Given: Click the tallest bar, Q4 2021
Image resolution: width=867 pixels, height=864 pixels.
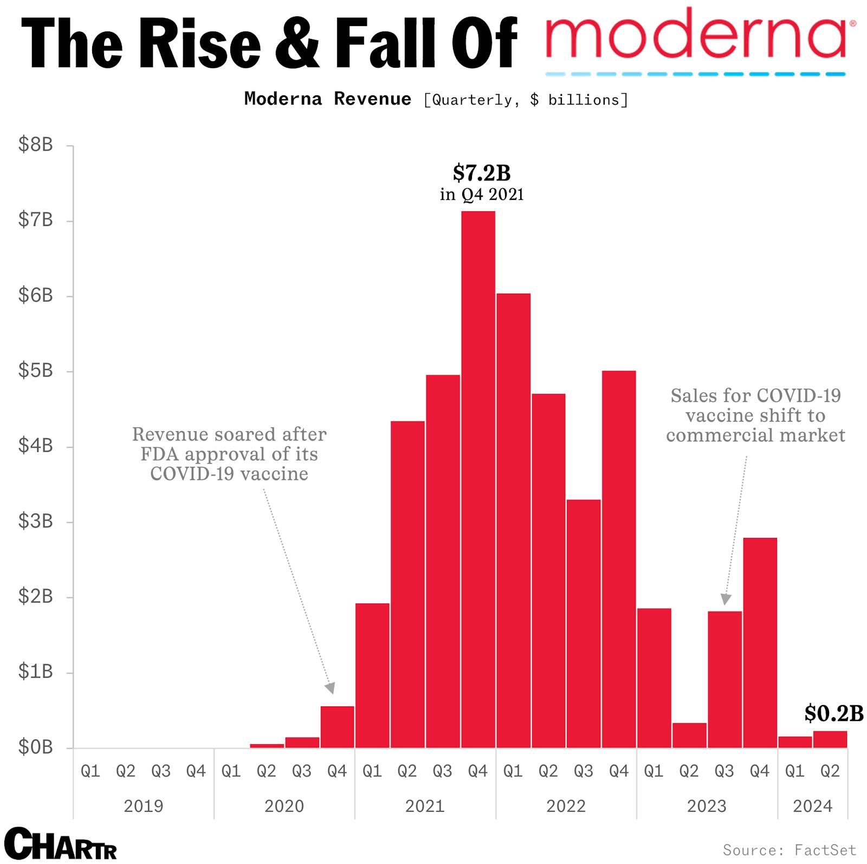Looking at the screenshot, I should click(x=478, y=479).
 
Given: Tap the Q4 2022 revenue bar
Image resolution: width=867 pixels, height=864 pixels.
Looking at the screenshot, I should click(x=619, y=559).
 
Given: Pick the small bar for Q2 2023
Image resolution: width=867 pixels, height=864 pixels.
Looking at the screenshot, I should click(x=689, y=735).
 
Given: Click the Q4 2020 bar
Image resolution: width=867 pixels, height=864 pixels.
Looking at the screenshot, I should click(x=337, y=727).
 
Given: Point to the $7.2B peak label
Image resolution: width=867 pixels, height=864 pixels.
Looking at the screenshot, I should click(x=482, y=173).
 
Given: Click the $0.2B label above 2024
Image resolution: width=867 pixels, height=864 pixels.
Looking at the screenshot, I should click(x=833, y=713).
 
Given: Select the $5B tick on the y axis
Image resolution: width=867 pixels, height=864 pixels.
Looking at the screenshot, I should click(x=36, y=371).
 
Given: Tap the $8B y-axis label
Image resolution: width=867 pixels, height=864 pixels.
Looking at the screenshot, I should click(x=36, y=145).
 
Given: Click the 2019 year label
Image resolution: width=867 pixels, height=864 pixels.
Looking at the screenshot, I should click(x=143, y=806).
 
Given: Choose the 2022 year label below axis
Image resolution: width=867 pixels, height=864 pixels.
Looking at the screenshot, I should click(x=566, y=806).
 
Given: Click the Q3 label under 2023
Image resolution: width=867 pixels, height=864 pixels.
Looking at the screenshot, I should click(x=724, y=771).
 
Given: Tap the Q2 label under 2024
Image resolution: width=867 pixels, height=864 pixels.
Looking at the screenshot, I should click(x=830, y=771).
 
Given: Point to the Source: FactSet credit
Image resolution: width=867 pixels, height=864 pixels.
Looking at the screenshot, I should click(x=790, y=849).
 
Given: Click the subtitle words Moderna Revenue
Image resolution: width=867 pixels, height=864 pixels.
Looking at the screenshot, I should click(x=328, y=99).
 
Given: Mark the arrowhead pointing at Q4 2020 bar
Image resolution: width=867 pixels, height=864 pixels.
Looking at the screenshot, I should click(x=330, y=688).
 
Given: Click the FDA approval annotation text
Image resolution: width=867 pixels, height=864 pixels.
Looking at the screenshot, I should click(x=229, y=454).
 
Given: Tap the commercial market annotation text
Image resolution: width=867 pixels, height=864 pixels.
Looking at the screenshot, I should click(x=755, y=415).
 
